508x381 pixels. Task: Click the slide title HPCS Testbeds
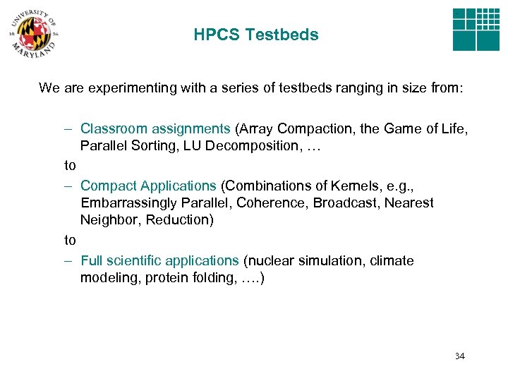[255, 35]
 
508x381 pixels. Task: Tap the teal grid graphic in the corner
[476, 29]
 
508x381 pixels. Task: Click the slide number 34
[459, 356]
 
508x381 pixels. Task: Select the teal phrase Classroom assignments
[155, 128]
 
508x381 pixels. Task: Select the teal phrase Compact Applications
[148, 186]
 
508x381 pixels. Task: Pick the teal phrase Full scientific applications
[159, 260]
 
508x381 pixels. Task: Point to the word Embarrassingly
[121, 202]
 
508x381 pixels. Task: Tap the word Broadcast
[348, 202]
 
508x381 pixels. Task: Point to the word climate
[392, 260]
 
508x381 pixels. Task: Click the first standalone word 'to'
[70, 166]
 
